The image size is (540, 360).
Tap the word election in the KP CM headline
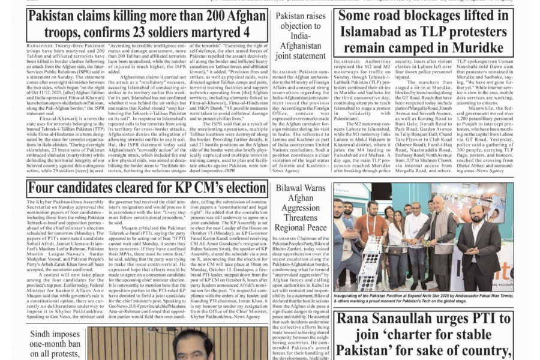click(234, 189)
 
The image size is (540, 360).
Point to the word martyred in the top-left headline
click(210, 32)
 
